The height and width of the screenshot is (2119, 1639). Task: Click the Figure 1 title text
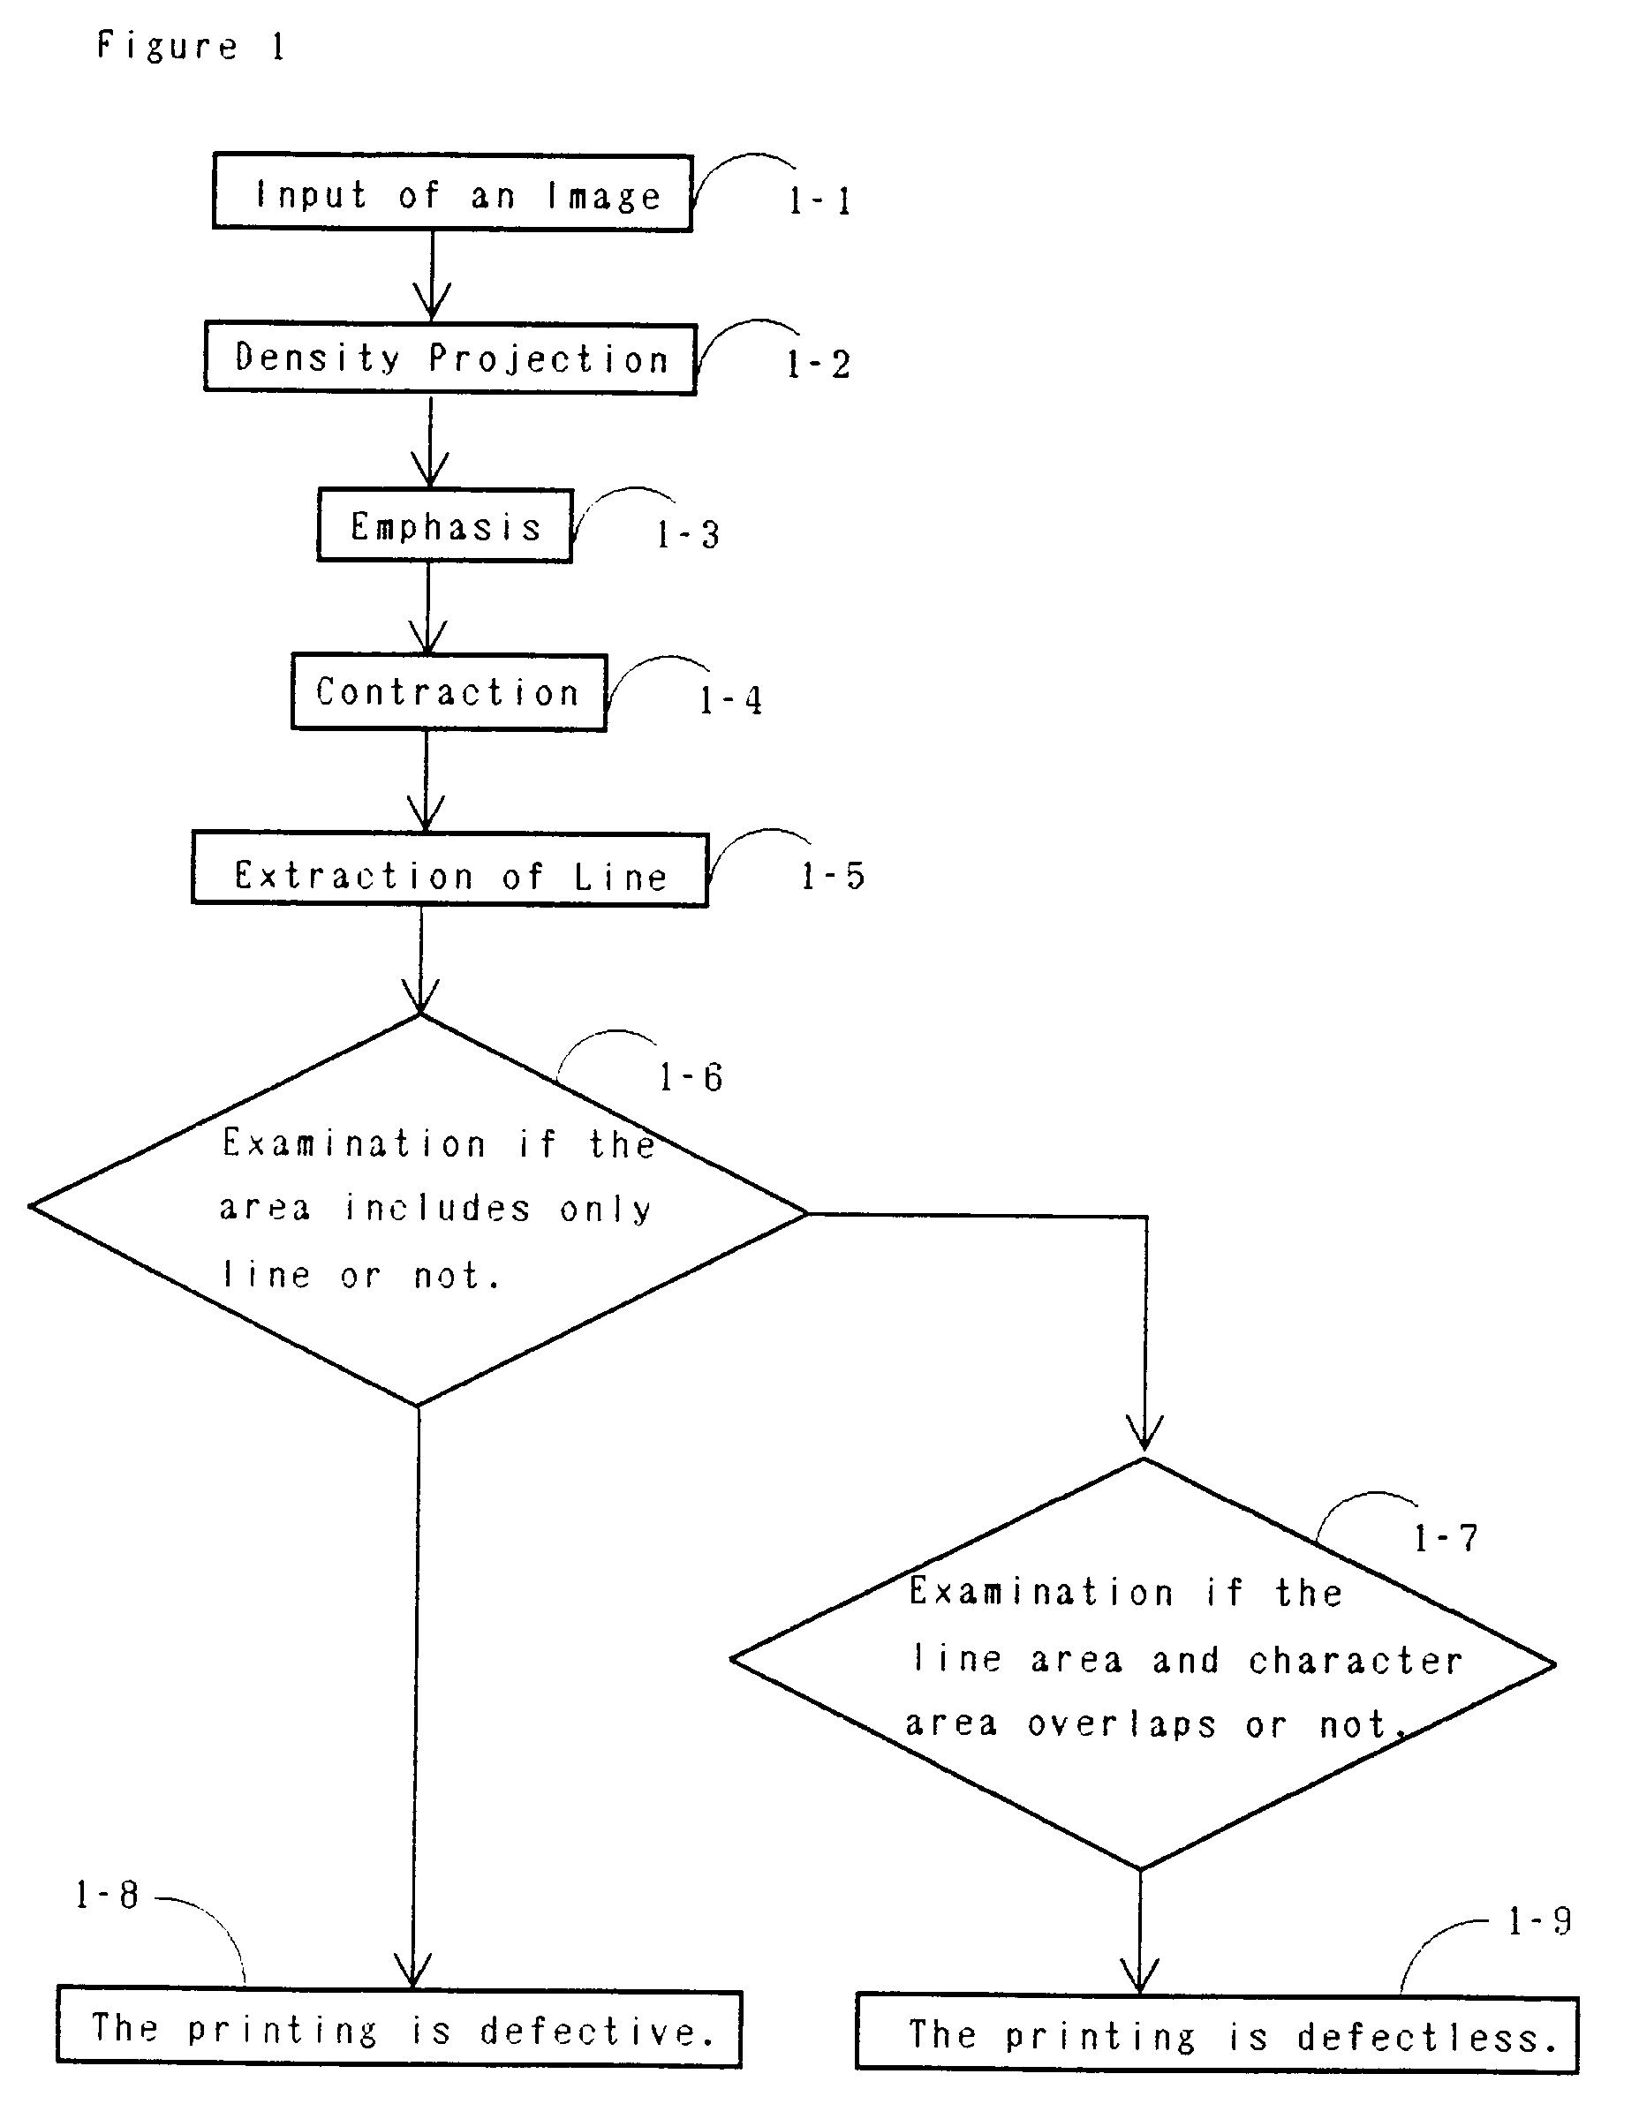[190, 46]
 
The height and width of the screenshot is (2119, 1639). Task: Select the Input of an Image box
[452, 193]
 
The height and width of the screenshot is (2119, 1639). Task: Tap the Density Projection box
[449, 358]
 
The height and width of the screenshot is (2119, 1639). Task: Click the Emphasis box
[444, 526]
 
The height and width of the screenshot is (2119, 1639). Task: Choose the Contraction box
[449, 692]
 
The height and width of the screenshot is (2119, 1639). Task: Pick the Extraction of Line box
[450, 870]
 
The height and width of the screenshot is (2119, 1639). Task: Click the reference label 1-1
[820, 200]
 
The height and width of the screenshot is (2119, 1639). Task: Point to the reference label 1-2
[818, 365]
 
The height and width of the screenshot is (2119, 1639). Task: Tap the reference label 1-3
[687, 534]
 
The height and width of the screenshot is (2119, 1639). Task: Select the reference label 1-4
[730, 699]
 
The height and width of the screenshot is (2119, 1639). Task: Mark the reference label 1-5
[832, 876]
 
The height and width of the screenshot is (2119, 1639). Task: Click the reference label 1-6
[690, 1077]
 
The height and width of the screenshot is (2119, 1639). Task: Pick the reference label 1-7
[1444, 1538]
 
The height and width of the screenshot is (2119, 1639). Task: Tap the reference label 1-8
[107, 1894]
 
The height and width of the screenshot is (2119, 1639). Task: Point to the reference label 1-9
[1538, 1920]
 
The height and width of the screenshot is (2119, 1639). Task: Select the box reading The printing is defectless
[1217, 2033]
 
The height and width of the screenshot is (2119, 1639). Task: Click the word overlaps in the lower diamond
[1121, 1724]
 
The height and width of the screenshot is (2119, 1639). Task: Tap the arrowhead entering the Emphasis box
[429, 471]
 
